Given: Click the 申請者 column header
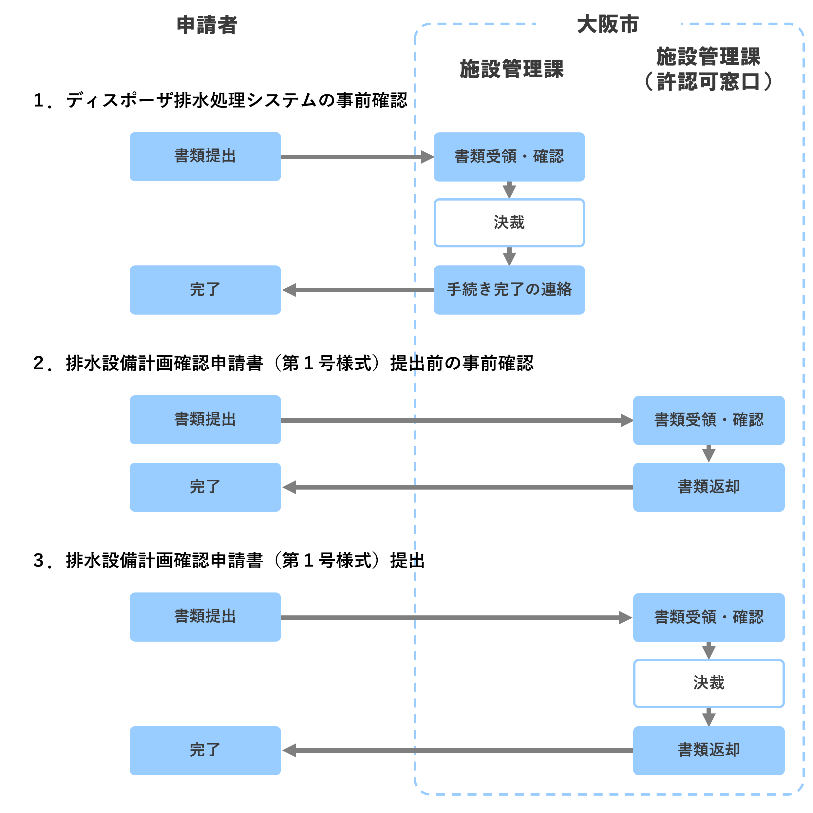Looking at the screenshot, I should tap(207, 25).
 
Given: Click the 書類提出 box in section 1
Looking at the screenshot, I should tap(205, 157).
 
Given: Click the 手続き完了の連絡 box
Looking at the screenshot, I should tap(509, 290).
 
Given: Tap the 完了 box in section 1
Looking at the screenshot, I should tap(205, 290).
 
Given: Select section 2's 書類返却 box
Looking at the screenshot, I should tap(709, 487).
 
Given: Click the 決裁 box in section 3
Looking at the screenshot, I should tap(709, 683).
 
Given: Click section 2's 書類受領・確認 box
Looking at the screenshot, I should tap(709, 420).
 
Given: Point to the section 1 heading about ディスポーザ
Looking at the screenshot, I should tap(220, 101).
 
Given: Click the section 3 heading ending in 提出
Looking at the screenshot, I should tap(229, 561).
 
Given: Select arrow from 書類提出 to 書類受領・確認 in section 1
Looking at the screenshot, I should tap(357, 157).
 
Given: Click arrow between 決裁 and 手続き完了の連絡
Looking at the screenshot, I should tap(509, 256).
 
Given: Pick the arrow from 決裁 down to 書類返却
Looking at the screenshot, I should tap(709, 717).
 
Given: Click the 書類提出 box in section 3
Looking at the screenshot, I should tap(205, 617).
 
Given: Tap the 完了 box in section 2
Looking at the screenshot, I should tap(205, 487).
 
